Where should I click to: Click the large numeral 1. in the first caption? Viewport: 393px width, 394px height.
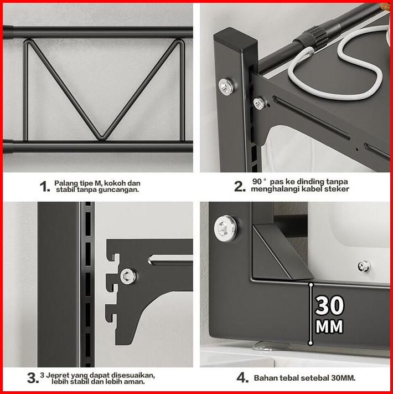click(x=45, y=186)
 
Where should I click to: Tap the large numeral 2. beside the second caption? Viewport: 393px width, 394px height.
click(x=240, y=186)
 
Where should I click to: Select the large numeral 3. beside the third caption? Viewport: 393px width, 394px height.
click(x=33, y=378)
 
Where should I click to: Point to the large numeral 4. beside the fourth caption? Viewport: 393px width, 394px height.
click(x=242, y=378)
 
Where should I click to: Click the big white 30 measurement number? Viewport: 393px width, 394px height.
click(x=329, y=305)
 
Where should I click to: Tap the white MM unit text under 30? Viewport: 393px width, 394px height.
click(x=329, y=326)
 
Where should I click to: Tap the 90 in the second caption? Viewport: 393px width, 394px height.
click(x=257, y=181)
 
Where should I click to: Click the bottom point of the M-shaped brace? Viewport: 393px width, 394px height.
click(x=102, y=137)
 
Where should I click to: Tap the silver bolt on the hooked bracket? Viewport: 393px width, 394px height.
click(x=128, y=276)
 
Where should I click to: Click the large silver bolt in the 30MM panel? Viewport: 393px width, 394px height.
click(x=225, y=227)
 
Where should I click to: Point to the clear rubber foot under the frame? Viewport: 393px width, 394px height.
click(x=272, y=346)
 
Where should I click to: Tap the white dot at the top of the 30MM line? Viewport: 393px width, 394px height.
click(x=311, y=285)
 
